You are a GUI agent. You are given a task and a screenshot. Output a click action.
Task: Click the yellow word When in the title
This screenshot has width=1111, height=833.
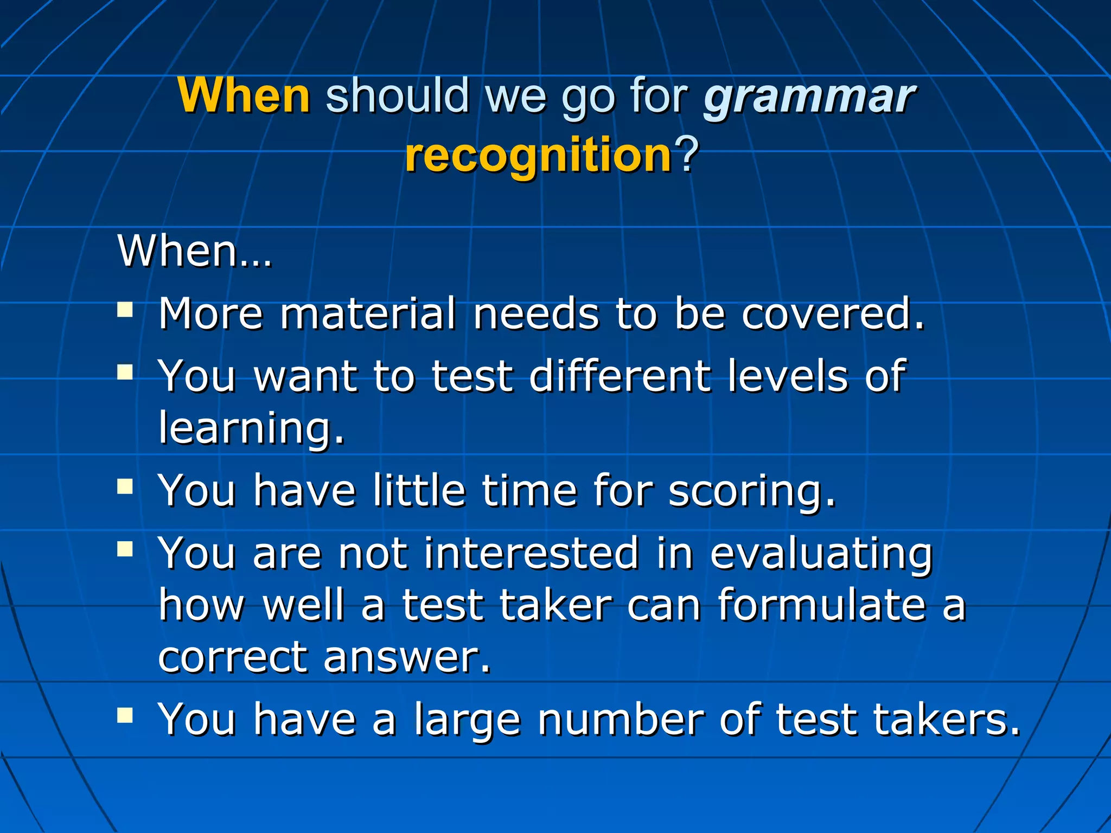point(244,95)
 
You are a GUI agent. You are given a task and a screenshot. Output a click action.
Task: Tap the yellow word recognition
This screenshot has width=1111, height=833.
point(539,156)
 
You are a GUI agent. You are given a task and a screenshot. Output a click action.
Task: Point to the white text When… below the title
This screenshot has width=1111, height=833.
point(195,252)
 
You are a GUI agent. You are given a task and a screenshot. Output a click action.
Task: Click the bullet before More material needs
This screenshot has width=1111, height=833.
point(125,310)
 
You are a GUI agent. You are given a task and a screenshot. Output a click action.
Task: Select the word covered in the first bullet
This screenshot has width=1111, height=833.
point(832,314)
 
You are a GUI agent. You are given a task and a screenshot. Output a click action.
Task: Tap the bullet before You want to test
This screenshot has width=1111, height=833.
point(125,372)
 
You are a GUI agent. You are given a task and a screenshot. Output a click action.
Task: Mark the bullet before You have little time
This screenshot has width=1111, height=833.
point(125,486)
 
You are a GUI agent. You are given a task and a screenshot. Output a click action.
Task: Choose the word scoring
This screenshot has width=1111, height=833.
point(751,491)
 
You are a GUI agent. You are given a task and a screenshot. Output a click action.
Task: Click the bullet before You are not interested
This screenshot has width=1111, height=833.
point(125,550)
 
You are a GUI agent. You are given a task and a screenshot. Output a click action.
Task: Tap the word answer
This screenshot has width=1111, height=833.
point(406,657)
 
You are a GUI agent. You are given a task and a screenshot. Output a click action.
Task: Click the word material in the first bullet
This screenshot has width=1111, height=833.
point(368,314)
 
